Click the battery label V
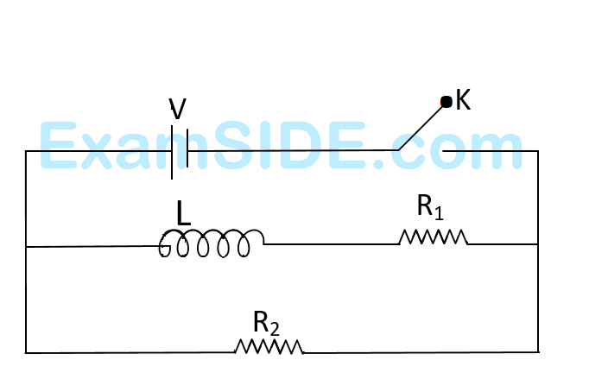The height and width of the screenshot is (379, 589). click(177, 109)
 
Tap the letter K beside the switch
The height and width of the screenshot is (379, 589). click(463, 100)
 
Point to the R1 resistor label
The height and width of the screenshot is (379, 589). click(430, 207)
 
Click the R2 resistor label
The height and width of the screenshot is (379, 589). click(266, 323)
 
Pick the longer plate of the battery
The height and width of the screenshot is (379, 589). click(172, 152)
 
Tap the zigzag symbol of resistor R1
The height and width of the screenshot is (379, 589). click(433, 237)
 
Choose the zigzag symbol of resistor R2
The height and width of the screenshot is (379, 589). click(269, 346)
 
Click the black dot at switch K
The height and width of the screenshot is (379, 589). click(446, 102)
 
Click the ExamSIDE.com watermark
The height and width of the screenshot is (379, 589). click(281, 147)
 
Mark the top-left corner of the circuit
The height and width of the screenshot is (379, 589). click(26, 151)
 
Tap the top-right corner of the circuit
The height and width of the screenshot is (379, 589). click(538, 151)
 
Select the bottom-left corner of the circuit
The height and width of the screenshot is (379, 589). click(26, 352)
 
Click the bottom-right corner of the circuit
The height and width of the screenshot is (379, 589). click(538, 351)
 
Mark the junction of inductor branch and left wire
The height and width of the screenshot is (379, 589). click(26, 247)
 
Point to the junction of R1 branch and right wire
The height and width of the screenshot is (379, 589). click(538, 244)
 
